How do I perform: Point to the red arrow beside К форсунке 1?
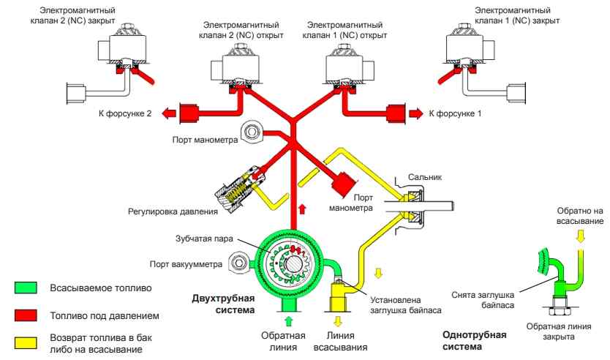(x=415, y=113)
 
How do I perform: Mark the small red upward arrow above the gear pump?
(x=293, y=209)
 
